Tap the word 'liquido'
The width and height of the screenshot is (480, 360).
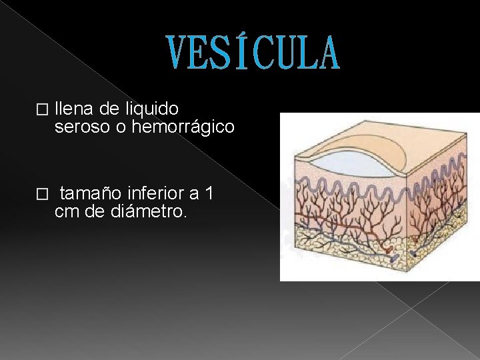(153, 108)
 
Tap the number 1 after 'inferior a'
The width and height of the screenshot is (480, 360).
(210, 194)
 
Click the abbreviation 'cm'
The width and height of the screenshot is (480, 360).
(66, 212)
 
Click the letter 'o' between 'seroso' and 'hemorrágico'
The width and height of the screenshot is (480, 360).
(121, 127)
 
